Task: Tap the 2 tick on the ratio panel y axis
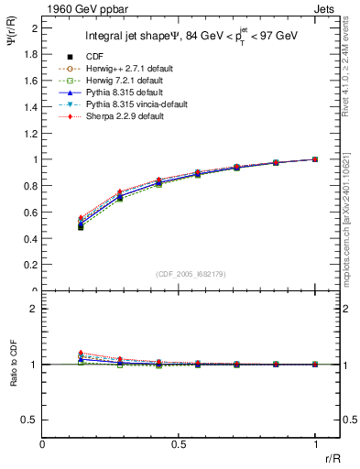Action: (34, 309)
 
